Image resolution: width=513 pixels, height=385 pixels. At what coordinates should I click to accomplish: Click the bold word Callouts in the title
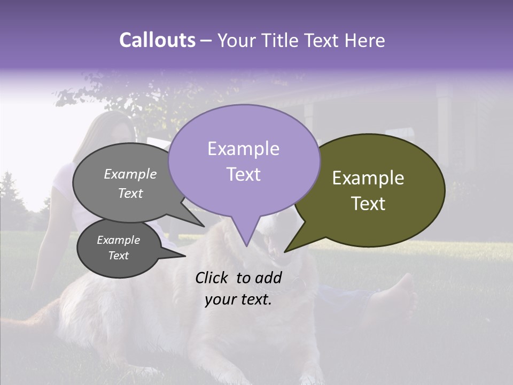click(157, 40)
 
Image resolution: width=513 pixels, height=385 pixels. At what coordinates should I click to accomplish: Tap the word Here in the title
click(366, 40)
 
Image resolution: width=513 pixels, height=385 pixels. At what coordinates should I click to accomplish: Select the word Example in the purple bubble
click(243, 149)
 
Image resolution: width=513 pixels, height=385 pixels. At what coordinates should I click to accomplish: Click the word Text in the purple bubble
click(243, 174)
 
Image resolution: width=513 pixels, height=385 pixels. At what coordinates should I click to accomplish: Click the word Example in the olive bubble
click(368, 178)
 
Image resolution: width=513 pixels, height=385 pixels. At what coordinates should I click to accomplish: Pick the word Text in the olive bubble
click(368, 204)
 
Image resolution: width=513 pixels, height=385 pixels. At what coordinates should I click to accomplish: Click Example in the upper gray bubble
click(130, 174)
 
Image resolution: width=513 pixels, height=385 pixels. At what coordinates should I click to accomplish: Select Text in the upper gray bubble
click(130, 193)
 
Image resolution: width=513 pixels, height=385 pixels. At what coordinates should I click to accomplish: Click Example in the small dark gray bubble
click(118, 240)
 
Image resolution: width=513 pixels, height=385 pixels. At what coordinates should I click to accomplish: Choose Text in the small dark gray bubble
click(118, 256)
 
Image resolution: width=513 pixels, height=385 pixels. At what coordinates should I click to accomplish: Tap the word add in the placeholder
click(268, 278)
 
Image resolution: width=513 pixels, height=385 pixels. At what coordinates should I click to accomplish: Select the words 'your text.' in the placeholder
click(238, 300)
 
